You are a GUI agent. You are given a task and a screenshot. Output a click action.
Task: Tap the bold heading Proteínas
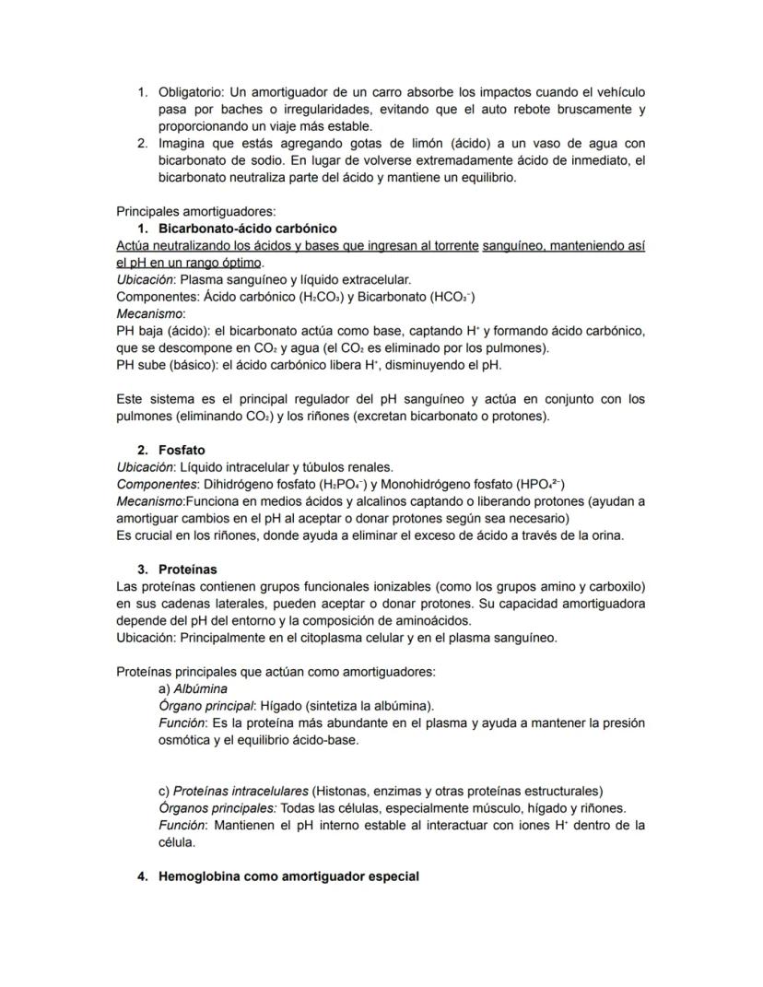(187, 570)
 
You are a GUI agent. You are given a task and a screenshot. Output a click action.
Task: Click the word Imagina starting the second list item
(182, 144)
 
